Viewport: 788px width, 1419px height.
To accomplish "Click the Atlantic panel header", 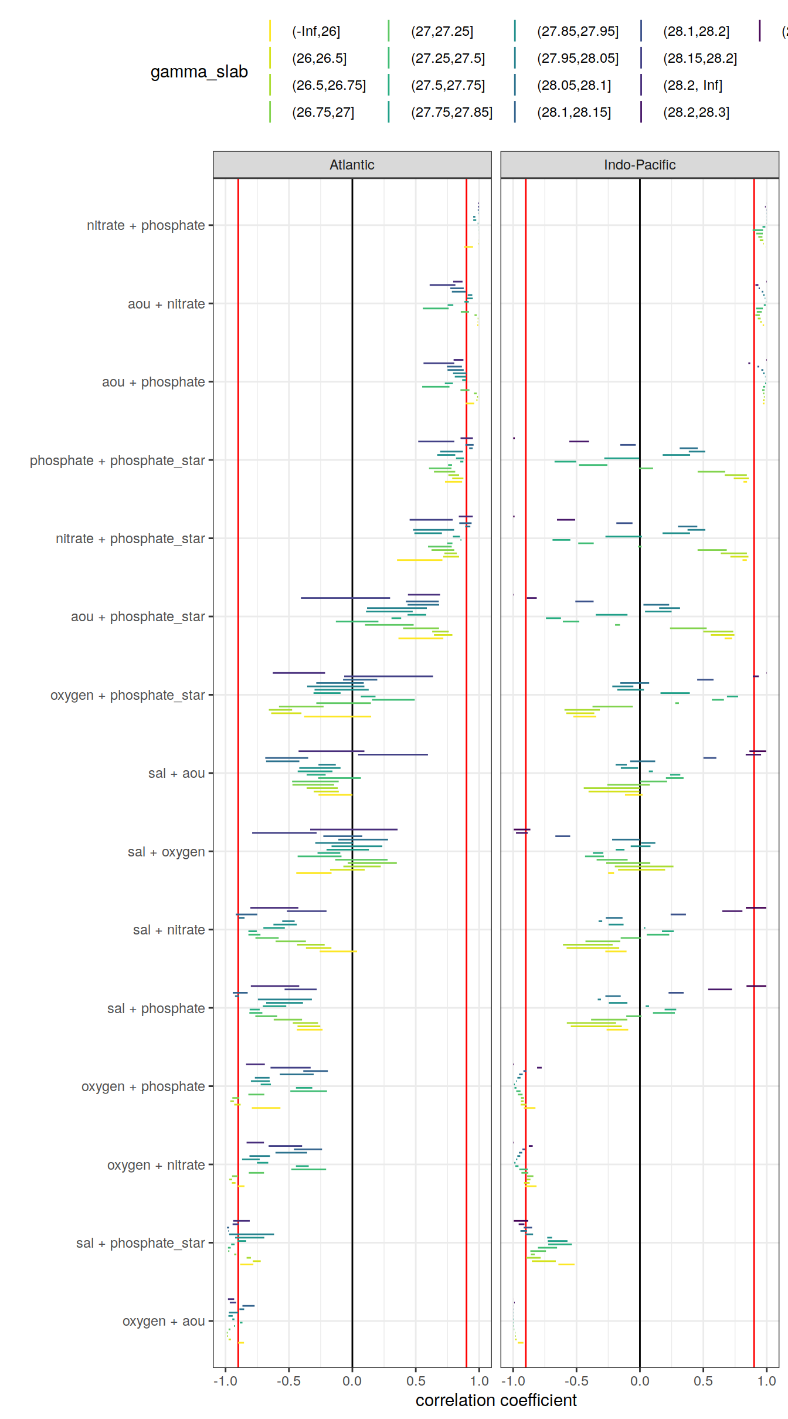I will tap(352, 165).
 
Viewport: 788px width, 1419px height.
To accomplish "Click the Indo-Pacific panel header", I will tap(639, 165).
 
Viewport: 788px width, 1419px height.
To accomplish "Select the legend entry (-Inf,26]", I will tap(315, 32).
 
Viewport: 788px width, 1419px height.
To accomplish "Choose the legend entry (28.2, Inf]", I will tap(692, 86).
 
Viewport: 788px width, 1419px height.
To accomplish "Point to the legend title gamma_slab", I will tap(199, 72).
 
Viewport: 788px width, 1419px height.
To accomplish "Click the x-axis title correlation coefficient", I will tap(496, 1400).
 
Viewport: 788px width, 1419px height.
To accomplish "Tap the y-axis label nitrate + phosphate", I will tap(146, 226).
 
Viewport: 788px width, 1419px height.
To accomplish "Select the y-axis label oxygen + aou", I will tap(164, 1321).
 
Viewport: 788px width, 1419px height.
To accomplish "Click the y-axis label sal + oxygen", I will tap(167, 852).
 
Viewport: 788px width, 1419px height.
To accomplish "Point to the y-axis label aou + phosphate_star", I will tap(138, 617).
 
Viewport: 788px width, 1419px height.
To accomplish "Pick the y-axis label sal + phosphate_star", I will tap(141, 1243).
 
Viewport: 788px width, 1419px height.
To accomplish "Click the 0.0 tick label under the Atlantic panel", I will tap(352, 1381).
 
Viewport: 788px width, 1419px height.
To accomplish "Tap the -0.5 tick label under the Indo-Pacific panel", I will tap(576, 1381).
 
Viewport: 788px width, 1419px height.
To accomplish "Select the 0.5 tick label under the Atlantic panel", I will tap(416, 1381).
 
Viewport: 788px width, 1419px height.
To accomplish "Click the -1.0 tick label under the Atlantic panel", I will tap(225, 1381).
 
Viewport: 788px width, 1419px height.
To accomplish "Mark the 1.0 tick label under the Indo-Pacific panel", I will tap(766, 1381).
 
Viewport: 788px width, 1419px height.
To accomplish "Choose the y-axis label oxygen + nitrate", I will tap(156, 1165).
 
